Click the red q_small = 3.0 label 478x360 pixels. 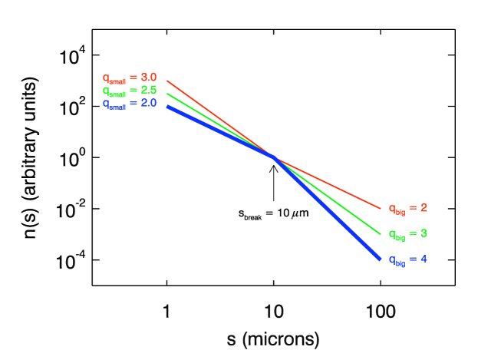130,78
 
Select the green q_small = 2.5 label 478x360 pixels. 130,91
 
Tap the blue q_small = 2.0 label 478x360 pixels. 130,104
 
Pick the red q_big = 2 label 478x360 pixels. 407,208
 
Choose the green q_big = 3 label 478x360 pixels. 407,234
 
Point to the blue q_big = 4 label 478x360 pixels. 407,259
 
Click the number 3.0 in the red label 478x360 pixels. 149,77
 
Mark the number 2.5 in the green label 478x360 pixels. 149,90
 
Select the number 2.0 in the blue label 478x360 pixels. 149,103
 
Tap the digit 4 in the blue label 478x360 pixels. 424,259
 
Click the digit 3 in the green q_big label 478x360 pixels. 424,233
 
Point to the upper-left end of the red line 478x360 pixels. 167,81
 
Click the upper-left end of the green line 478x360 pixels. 167,94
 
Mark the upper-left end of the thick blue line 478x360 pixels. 167,106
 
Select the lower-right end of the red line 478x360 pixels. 381,208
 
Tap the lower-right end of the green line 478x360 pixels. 381,233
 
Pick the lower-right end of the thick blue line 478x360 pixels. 380,259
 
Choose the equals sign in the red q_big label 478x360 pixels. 412,208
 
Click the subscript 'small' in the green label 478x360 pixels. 117,93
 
